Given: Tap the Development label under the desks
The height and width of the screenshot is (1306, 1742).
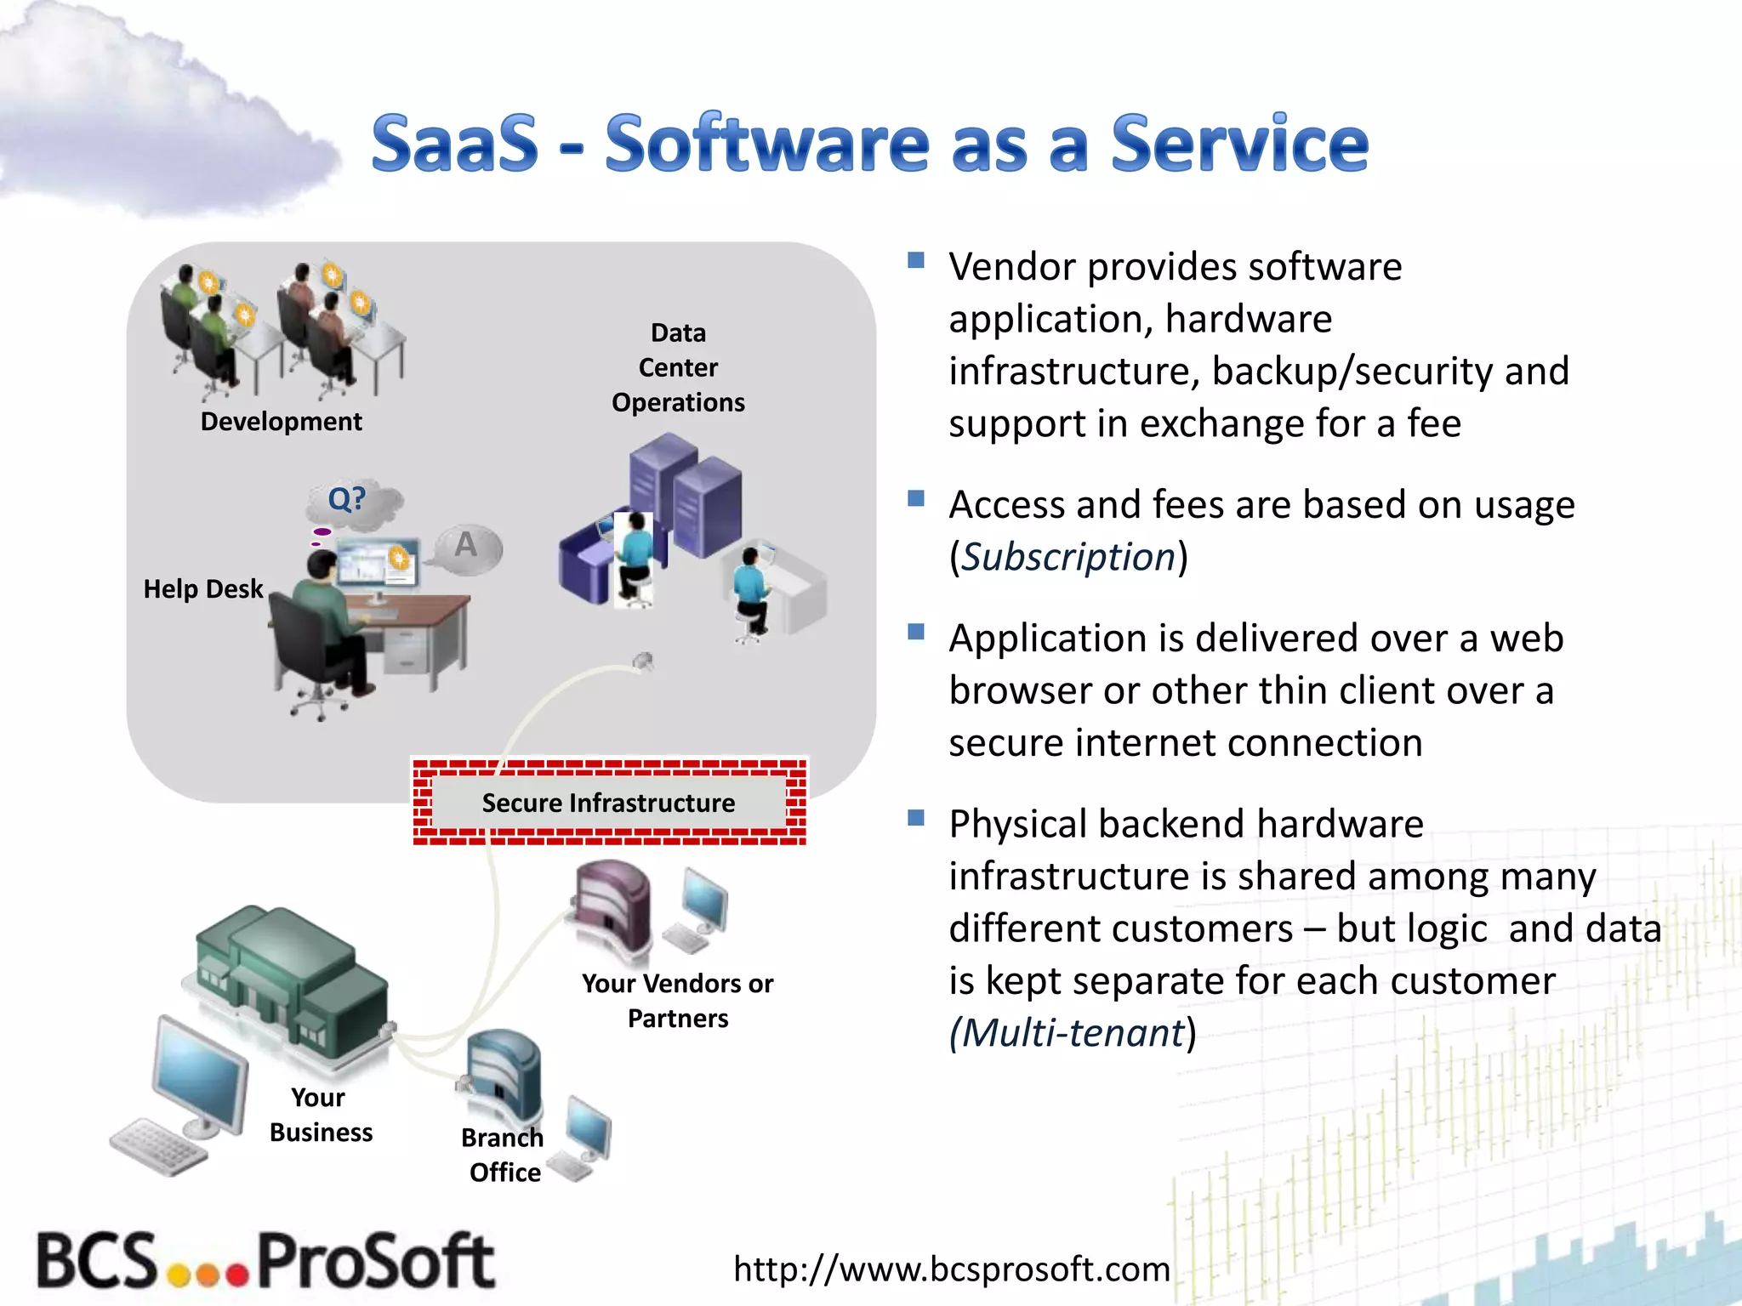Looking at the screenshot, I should coord(281,422).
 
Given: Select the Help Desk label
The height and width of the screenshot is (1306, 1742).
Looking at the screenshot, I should coord(202,588).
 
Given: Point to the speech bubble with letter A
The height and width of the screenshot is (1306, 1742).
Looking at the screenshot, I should coord(467,547).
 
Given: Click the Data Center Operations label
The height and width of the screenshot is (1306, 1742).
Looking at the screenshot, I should coord(678,367).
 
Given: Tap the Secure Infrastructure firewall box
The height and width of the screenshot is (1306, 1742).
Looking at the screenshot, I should coord(609,803).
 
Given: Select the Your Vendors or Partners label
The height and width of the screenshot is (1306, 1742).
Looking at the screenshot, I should coord(678,1001).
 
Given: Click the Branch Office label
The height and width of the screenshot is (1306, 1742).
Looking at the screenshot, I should coord(504,1155).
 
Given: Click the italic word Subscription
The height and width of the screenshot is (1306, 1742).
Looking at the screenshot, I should coord(1068,558).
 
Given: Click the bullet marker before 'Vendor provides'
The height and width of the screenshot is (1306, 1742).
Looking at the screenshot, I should coord(916,260).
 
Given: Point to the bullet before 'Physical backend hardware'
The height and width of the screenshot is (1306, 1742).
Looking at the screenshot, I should coord(916,818).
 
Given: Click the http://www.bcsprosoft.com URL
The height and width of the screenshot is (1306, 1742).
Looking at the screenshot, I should coord(951,1269).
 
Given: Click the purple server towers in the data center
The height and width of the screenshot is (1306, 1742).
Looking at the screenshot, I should coord(686,493).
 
